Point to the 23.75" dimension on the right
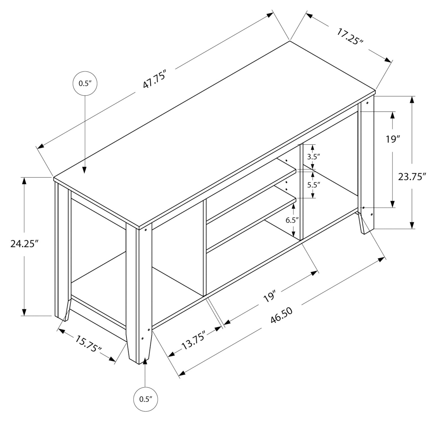(411, 177)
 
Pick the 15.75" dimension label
(88, 344)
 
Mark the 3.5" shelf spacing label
(313, 157)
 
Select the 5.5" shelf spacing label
(313, 185)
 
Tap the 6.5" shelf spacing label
(292, 220)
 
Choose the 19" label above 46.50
(269, 297)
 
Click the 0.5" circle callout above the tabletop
(85, 83)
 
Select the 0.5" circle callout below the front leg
(145, 399)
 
